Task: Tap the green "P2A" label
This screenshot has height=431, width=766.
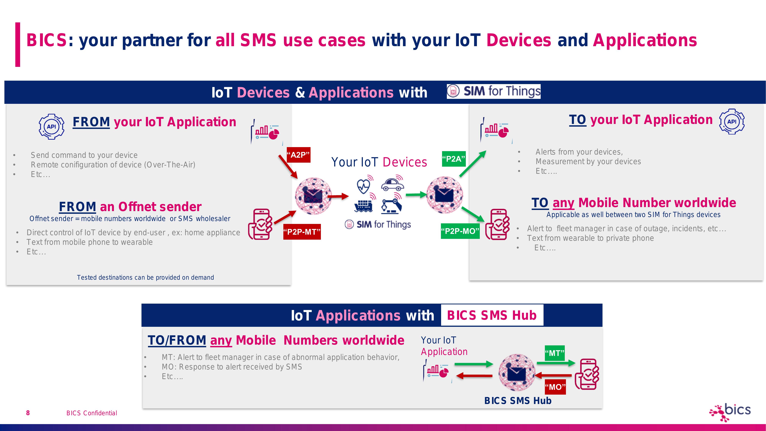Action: click(x=454, y=159)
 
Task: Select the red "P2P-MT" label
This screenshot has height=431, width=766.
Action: click(x=302, y=232)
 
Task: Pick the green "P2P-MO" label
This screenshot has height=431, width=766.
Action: click(x=460, y=231)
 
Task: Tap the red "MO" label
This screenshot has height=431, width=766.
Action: click(x=555, y=387)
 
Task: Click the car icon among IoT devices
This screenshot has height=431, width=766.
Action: click(x=392, y=184)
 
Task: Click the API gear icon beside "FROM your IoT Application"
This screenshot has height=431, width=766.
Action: click(x=52, y=127)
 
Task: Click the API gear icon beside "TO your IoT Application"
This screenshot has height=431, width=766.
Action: click(x=732, y=122)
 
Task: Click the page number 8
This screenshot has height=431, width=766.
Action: click(x=28, y=413)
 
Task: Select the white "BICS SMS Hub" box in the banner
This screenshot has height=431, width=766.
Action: click(x=492, y=315)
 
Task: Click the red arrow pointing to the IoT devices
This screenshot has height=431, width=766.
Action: click(x=338, y=196)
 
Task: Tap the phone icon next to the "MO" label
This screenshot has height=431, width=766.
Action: click(x=587, y=374)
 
